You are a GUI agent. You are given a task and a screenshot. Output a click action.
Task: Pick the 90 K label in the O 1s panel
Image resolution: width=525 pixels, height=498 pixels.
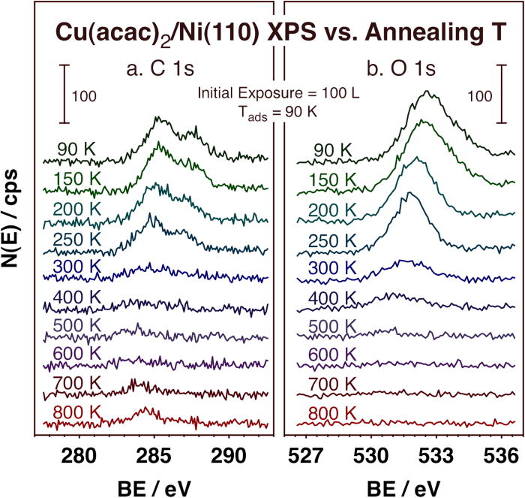tap(334, 150)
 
